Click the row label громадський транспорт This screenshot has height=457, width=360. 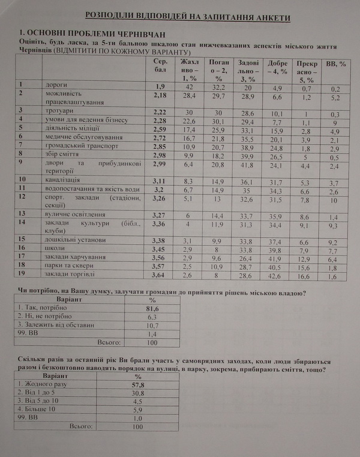pyautogui.click(x=82, y=146)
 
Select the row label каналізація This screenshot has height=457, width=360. pyautogui.click(x=66, y=179)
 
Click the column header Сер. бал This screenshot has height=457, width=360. pyautogui.click(x=159, y=65)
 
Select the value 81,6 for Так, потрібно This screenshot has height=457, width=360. pyautogui.click(x=152, y=308)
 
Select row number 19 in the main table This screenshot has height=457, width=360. pyautogui.click(x=24, y=274)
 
